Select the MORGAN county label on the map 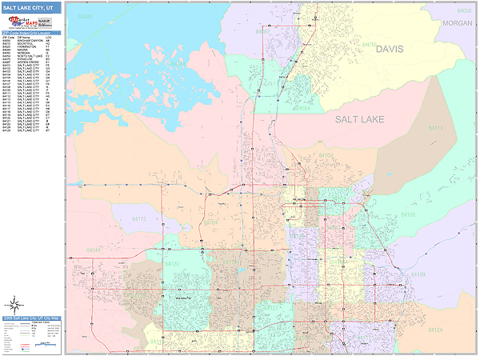pos(458,23)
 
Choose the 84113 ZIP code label pos(435,128)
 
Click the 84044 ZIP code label pos(94,250)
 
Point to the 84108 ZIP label pos(408,215)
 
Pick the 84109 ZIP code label pos(418,274)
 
